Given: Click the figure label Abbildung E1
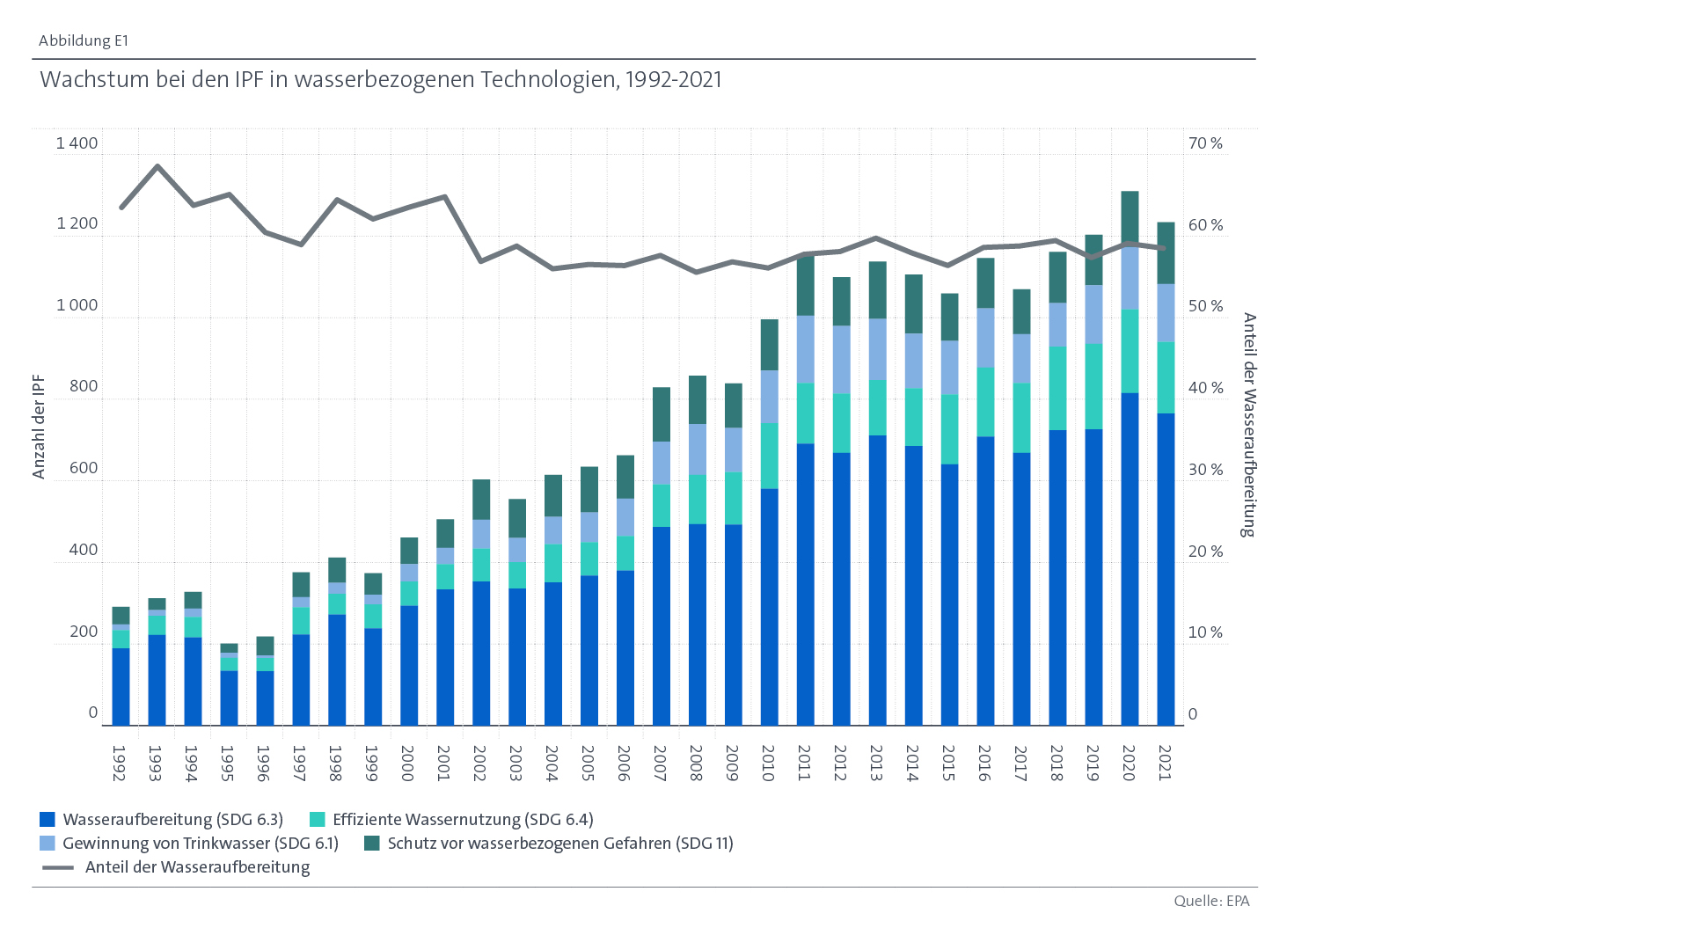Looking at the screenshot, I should [84, 40].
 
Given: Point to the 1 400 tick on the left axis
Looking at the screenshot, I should [77, 143].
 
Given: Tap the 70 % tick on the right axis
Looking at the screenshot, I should [1205, 143].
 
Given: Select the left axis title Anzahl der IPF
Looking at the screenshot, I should [39, 427].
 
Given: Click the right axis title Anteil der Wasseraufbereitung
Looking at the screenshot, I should [1248, 425].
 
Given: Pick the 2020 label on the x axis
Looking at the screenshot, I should [1130, 763].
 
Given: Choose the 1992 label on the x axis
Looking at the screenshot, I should [120, 763].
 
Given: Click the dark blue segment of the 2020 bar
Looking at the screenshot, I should [1130, 559].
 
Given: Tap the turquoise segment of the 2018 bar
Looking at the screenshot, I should [1057, 388].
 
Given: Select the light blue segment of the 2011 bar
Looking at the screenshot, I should [805, 349].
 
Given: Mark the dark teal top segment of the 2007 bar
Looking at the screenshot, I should [662, 414].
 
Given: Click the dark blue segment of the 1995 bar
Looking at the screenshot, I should [229, 698].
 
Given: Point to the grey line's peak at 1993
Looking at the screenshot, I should [157, 165].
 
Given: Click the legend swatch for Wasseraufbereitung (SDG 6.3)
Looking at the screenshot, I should [48, 820].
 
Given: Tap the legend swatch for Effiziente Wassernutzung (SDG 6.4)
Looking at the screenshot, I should [318, 820].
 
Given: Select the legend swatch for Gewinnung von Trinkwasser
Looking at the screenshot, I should [48, 844].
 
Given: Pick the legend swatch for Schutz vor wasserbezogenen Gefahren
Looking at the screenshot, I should [372, 844].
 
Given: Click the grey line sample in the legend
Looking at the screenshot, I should [58, 867].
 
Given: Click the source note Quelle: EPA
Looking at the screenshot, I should [1210, 901].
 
